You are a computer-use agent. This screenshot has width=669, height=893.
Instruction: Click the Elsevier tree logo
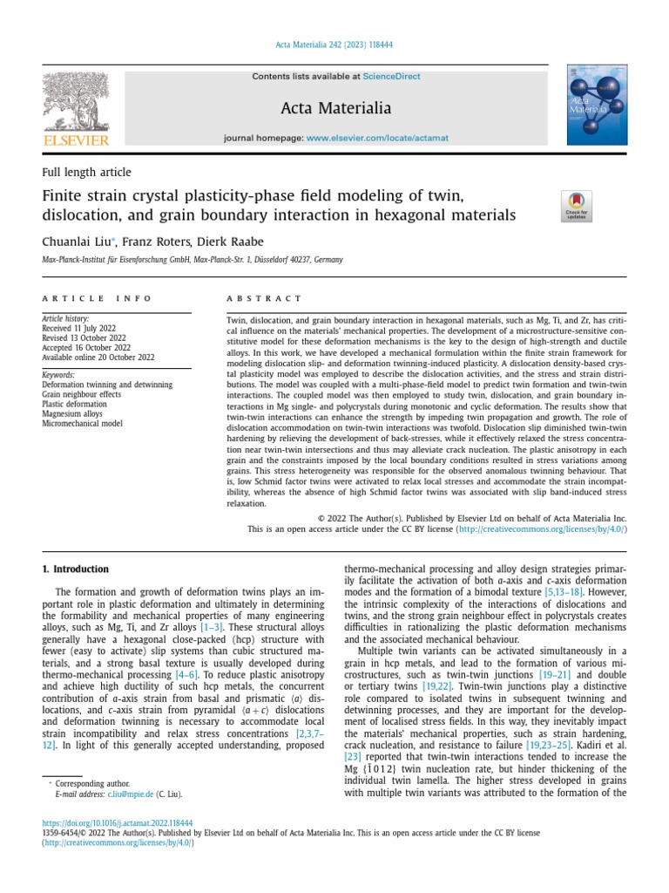click(x=76, y=102)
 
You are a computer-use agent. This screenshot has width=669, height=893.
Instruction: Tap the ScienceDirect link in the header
click(x=391, y=77)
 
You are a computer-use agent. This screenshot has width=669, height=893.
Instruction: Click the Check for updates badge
click(x=578, y=207)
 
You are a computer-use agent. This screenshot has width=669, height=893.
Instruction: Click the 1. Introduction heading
click(x=76, y=569)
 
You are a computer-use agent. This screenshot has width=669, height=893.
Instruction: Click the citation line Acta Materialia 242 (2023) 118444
click(x=334, y=46)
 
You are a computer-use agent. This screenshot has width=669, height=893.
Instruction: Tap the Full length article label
click(x=86, y=173)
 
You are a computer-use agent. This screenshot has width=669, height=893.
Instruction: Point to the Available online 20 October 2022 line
click(x=98, y=357)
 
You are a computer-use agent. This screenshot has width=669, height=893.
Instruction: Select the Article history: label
click(x=66, y=320)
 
